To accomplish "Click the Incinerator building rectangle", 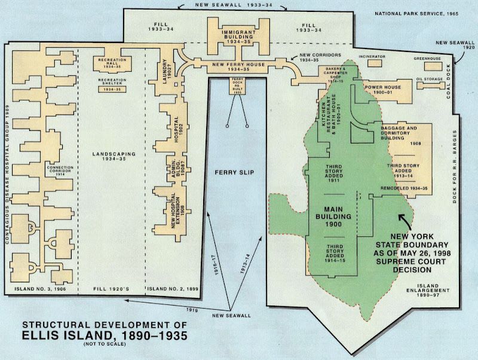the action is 375,63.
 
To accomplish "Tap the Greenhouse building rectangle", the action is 433,66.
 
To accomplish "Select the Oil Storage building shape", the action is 431,86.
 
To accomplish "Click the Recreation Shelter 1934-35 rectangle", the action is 112,89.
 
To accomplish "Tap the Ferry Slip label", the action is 234,172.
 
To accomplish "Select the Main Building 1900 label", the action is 333,216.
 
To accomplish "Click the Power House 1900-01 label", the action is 383,89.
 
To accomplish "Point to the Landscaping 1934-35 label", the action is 114,156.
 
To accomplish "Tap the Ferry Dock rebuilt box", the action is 237,86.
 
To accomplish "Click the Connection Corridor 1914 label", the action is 60,171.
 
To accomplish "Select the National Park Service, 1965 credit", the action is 416,14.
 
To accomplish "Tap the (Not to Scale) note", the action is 105,344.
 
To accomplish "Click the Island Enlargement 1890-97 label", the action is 428,291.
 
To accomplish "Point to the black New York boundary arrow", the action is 405,221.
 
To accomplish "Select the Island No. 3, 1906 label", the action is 40,289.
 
